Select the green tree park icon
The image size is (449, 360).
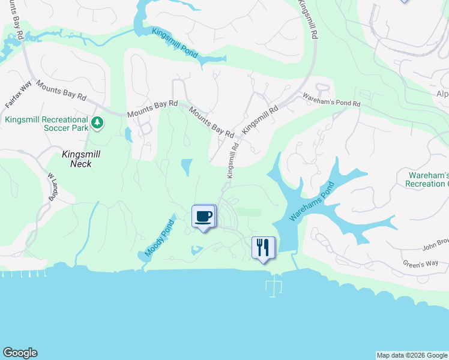pos(97,124)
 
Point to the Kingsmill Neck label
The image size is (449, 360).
pos(77,158)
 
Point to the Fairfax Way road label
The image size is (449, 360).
pos(18,95)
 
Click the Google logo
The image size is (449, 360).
pos(20,353)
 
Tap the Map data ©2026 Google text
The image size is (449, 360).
pos(412,355)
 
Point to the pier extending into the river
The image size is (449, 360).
pos(274,286)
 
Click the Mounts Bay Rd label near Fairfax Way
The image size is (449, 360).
pos(61,91)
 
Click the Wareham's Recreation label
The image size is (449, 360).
pos(429,179)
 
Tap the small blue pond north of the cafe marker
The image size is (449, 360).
pos(187,167)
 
